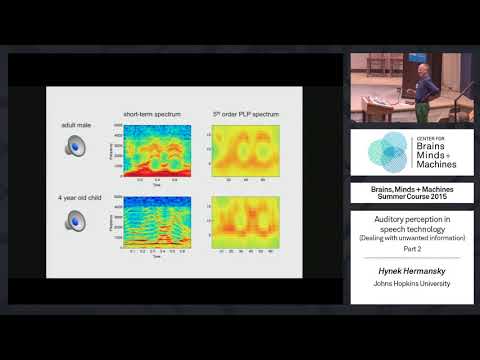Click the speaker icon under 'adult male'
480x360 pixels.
point(77,147)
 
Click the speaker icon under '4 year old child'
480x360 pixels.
point(77,219)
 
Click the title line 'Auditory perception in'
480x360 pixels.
point(411,218)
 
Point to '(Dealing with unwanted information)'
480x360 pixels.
point(411,238)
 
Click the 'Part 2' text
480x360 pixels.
point(411,249)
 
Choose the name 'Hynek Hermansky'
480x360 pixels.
point(411,270)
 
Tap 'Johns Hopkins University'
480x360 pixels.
point(411,283)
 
